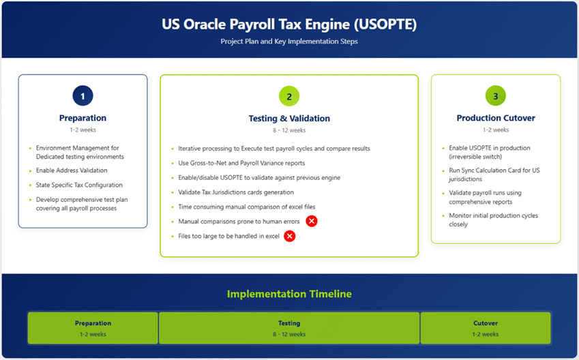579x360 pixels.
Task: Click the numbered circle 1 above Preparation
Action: pyautogui.click(x=83, y=96)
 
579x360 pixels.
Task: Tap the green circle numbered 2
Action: pyautogui.click(x=289, y=96)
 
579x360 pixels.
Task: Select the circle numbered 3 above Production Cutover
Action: pyautogui.click(x=496, y=96)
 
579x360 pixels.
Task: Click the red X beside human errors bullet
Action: pyautogui.click(x=312, y=221)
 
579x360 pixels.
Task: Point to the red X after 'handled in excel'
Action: pyautogui.click(x=289, y=236)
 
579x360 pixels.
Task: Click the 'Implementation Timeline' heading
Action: pyautogui.click(x=289, y=294)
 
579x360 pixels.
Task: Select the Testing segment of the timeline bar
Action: pyautogui.click(x=289, y=328)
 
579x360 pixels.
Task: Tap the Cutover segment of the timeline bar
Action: pyautogui.click(x=486, y=328)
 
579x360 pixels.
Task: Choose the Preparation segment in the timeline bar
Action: pyautogui.click(x=93, y=328)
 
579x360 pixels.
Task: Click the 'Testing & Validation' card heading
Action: pyautogui.click(x=289, y=119)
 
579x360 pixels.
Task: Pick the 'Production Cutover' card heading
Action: pyautogui.click(x=496, y=118)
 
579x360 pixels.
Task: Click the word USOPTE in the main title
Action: pyautogui.click(x=385, y=25)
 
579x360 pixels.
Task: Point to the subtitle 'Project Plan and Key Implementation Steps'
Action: pyautogui.click(x=289, y=42)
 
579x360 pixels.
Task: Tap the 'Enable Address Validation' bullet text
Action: pyautogui.click(x=72, y=170)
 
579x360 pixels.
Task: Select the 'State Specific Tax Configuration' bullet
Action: pyautogui.click(x=79, y=185)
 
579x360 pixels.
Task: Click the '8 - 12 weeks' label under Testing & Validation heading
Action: pyautogui.click(x=289, y=130)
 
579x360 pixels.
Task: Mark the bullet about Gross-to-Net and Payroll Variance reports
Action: pyautogui.click(x=241, y=163)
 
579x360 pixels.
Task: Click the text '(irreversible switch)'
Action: pyautogui.click(x=475, y=157)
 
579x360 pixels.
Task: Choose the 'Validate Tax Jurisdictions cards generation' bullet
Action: pyautogui.click(x=236, y=192)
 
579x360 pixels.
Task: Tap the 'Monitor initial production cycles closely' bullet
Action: pyautogui.click(x=493, y=220)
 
